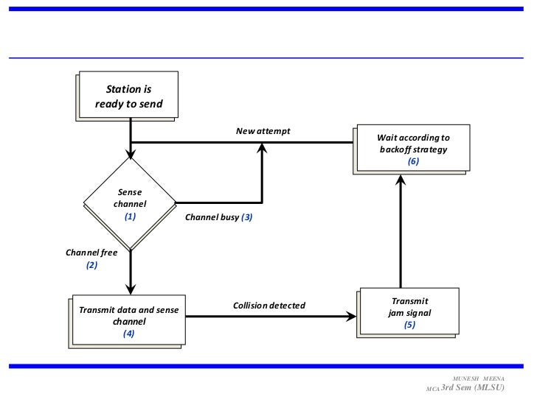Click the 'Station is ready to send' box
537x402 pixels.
point(128,96)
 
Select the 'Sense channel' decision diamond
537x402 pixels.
point(130,204)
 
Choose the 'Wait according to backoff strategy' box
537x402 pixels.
point(412,149)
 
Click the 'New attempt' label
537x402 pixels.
point(263,131)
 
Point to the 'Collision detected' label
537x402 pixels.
point(268,305)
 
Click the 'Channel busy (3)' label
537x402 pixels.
point(218,218)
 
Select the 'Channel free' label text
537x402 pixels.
point(91,252)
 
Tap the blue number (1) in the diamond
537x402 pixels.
point(130,217)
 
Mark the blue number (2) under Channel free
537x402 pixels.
point(91,265)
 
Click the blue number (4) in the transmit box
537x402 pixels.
point(128,333)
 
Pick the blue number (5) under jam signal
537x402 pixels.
point(409,325)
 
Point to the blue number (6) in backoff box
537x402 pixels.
point(412,161)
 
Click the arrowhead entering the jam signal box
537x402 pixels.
point(350,317)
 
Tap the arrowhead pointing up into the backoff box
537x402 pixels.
point(401,179)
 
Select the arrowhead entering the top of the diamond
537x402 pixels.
point(131,155)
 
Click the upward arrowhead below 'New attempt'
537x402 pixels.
point(262,148)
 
